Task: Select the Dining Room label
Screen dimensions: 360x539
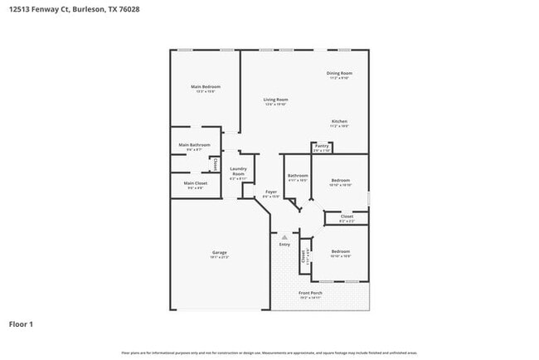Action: click(340, 74)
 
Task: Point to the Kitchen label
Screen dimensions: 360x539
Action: click(339, 121)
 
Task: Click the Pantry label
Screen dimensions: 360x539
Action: click(322, 146)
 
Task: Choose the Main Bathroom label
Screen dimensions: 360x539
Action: click(194, 145)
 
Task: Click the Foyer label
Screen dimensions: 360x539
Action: click(270, 192)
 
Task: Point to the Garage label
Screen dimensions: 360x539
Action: click(219, 252)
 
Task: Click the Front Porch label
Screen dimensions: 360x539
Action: click(311, 293)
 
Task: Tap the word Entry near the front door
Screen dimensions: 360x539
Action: click(284, 245)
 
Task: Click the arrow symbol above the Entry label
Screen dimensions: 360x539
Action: click(284, 237)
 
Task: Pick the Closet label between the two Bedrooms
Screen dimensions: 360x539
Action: click(347, 216)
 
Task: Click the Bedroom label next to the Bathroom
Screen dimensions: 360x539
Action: click(341, 180)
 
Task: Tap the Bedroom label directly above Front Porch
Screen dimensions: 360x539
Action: click(341, 251)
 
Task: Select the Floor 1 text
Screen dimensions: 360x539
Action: click(22, 324)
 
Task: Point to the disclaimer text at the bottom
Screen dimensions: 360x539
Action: click(269, 353)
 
